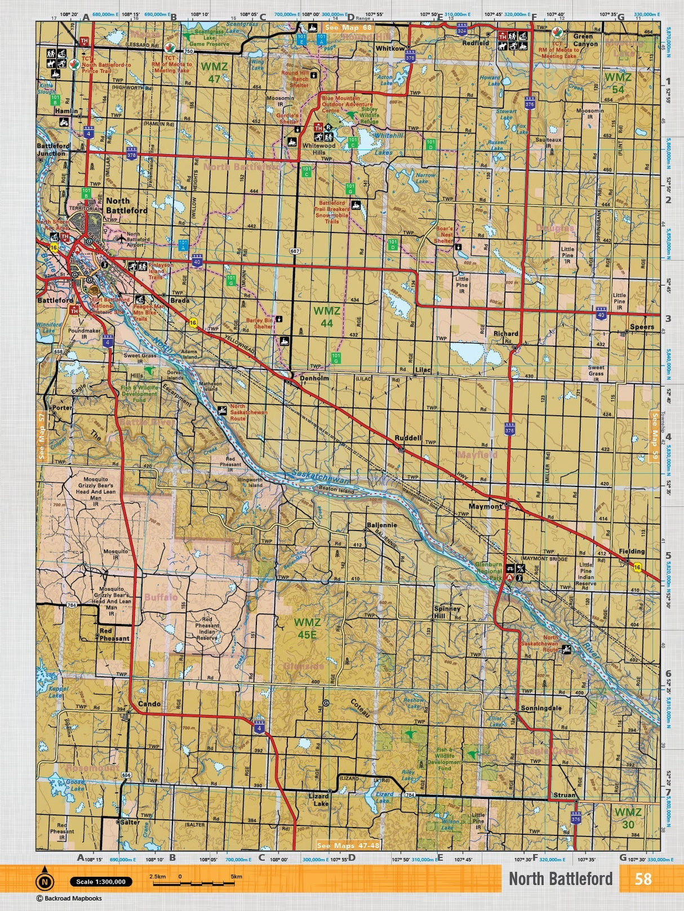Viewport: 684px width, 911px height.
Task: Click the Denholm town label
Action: [314, 378]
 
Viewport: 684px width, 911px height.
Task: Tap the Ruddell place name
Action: [408, 438]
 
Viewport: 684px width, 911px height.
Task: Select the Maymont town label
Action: [485, 507]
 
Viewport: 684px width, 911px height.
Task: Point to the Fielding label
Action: [631, 552]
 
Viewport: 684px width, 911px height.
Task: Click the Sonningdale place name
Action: [541, 708]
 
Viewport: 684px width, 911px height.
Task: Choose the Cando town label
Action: [149, 704]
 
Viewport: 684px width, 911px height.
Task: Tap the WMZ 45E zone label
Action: [307, 628]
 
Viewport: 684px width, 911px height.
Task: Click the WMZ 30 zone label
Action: [628, 818]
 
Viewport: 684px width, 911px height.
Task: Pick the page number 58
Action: [643, 879]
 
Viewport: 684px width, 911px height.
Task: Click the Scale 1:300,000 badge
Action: [101, 882]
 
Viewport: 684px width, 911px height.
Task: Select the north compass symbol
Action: [45, 881]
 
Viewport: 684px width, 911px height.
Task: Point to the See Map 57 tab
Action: [41, 436]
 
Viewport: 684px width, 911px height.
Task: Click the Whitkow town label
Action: [390, 48]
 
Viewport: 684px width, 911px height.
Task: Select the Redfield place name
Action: [476, 43]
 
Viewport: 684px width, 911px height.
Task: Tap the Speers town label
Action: [642, 327]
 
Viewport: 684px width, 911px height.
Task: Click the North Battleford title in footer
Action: [560, 879]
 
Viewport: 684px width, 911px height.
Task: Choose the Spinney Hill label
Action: [447, 613]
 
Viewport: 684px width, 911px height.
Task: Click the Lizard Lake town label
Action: [318, 800]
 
